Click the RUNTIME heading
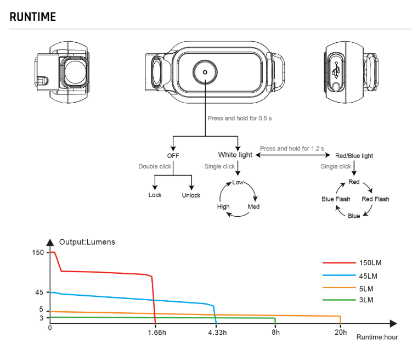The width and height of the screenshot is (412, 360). tap(33, 16)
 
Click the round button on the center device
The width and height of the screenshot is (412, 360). tap(205, 71)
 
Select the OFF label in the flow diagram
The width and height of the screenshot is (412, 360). tap(173, 155)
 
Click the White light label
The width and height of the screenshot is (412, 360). tap(235, 155)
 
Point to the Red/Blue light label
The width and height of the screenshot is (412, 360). tap(354, 156)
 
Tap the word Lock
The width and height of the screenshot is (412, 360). tap(155, 195)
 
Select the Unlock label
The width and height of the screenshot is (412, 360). tap(191, 195)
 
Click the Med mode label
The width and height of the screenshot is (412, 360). tap(253, 207)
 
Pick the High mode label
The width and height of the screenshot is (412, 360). tap(223, 207)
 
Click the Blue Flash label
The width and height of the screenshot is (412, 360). tap(336, 199)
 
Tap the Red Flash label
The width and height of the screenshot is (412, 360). tap(375, 199)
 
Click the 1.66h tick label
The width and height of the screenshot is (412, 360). tap(157, 333)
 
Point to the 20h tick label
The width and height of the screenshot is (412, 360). tap(340, 333)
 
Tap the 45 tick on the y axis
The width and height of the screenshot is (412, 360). tap(38, 292)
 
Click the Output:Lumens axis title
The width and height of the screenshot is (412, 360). tap(87, 242)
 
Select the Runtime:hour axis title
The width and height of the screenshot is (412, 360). tap(377, 337)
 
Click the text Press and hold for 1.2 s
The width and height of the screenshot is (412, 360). tap(292, 148)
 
